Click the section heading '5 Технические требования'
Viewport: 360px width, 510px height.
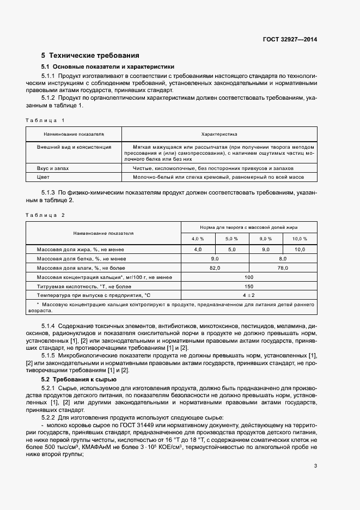point(90,56)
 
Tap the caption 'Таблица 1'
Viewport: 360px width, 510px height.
point(45,119)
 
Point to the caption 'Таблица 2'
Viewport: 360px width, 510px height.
point(45,215)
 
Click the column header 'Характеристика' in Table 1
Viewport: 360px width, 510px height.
point(219,133)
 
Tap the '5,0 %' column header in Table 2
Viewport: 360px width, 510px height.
point(232,239)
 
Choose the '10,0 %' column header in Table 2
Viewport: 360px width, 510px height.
point(300,239)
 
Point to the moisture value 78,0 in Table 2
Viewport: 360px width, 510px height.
point(283,268)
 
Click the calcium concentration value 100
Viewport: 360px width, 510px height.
point(249,277)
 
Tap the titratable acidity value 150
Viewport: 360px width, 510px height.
point(249,286)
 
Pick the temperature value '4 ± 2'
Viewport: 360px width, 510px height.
point(249,295)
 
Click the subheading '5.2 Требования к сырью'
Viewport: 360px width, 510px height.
point(80,378)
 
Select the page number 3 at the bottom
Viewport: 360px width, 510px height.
point(315,465)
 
